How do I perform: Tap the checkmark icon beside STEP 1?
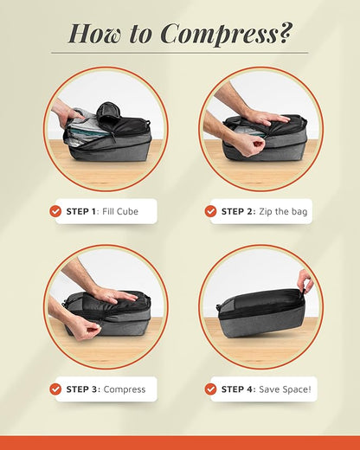[x=55, y=210]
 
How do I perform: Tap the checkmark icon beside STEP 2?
[x=210, y=210]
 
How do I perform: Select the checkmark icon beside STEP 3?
[x=55, y=389]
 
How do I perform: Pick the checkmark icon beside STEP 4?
[x=210, y=389]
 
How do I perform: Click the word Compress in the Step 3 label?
[x=125, y=389]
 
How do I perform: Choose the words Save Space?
[x=284, y=389]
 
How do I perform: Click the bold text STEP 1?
[x=82, y=211]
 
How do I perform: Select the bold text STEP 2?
[x=238, y=211]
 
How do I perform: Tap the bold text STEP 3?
[x=83, y=389]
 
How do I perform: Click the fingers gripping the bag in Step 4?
[x=304, y=279]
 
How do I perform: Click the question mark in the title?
[x=286, y=33]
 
